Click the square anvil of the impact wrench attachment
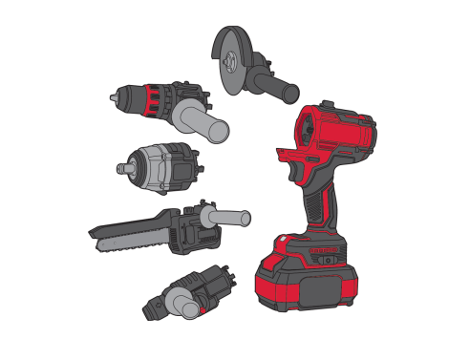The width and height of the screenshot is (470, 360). pos(120,166)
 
